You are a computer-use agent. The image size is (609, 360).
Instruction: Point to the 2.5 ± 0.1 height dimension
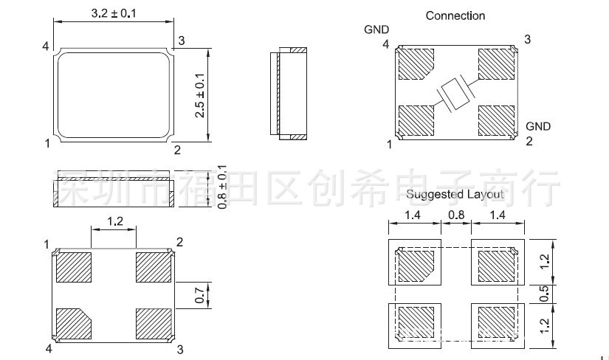point(199,94)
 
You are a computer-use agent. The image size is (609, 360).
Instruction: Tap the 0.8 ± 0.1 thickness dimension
point(222,187)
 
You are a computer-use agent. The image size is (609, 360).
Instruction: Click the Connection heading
point(455,15)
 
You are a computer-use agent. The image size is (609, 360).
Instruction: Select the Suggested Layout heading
point(455,195)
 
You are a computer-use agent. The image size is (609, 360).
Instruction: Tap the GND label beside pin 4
point(376,30)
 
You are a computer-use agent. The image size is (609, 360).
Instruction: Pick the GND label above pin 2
point(538,126)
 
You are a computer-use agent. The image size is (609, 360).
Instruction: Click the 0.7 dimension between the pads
point(199,295)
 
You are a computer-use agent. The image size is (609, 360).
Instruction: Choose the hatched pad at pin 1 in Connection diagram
point(416,120)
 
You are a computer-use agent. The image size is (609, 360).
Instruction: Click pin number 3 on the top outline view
point(181,40)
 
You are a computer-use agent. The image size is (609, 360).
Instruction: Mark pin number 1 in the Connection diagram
point(389,145)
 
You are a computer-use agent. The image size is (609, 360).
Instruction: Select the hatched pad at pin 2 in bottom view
point(153,267)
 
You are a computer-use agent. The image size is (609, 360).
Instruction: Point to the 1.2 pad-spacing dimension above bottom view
point(114,221)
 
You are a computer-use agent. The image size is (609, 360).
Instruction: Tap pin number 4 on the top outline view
point(46,47)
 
